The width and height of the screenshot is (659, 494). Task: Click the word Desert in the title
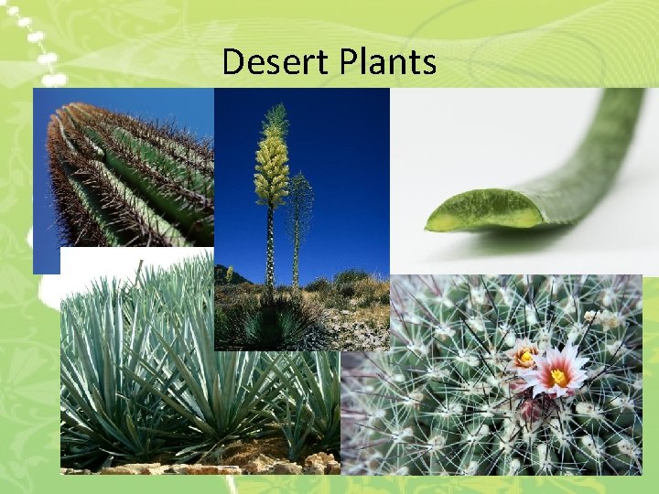[x=266, y=63]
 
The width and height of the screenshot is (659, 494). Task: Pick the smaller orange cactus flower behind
[x=525, y=355]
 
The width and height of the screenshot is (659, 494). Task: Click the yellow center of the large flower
[x=557, y=375]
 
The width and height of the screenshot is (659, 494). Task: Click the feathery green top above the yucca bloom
[x=274, y=119]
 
